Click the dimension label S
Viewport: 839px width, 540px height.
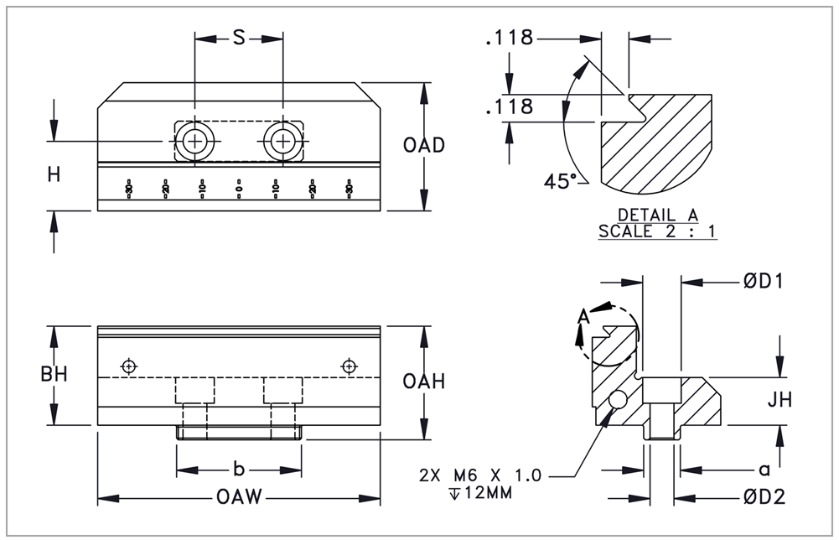click(238, 39)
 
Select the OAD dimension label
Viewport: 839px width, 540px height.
click(423, 145)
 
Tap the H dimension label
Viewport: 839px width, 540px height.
click(54, 174)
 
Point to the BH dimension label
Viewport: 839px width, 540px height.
click(54, 375)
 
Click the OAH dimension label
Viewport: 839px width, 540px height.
click(423, 382)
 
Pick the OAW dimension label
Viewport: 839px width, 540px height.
click(240, 498)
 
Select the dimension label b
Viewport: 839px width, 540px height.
click(238, 469)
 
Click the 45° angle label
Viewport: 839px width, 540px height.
click(559, 181)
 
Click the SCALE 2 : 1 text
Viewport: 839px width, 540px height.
click(657, 231)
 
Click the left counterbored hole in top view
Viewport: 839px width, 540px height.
click(195, 142)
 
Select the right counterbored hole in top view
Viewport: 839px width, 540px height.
click(283, 142)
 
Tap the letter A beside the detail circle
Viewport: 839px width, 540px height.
click(583, 316)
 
